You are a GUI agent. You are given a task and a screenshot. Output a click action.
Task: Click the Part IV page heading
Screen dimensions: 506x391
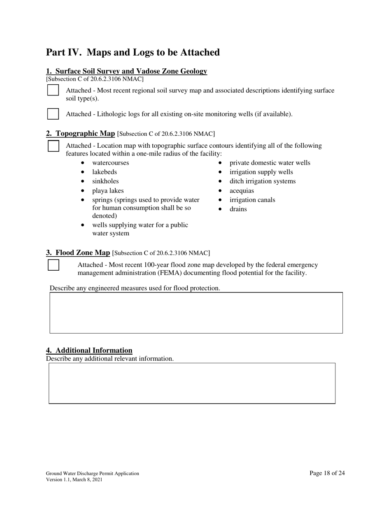point(133,53)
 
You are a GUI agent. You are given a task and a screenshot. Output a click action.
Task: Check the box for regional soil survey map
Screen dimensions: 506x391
point(53,90)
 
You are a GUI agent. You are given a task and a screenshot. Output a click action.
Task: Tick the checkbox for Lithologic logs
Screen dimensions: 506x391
point(53,114)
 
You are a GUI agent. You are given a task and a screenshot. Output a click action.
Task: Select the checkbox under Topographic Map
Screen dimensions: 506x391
point(54,146)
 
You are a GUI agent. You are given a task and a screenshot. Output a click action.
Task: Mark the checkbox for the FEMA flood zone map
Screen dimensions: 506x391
point(54,265)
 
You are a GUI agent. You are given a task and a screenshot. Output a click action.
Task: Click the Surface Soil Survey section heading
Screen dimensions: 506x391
point(126,71)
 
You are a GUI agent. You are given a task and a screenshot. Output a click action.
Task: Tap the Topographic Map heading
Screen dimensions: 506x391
point(80,133)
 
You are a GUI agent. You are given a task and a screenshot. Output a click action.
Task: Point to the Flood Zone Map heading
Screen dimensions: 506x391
point(78,253)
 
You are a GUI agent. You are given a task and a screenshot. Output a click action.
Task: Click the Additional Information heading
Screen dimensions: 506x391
point(89,350)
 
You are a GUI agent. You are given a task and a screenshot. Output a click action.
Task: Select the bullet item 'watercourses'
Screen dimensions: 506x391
point(110,163)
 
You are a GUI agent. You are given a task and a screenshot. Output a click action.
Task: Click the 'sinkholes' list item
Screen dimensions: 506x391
point(105,181)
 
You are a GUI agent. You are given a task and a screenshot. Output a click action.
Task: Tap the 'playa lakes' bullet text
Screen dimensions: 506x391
point(107,191)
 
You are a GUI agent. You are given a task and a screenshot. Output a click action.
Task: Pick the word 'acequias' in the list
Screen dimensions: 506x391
point(242,191)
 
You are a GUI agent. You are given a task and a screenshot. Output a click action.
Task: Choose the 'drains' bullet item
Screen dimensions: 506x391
point(238,209)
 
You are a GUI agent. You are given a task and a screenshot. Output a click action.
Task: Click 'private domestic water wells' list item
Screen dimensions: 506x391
point(270,163)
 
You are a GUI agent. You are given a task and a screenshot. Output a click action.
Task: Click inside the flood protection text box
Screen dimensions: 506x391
point(196,313)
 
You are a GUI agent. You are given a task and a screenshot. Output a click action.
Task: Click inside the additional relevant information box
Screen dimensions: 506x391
point(192,383)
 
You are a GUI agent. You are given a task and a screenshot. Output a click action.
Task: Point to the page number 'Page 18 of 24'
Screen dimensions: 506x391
point(327,473)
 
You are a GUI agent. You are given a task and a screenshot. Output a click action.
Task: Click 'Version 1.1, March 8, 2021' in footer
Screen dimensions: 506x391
point(74,480)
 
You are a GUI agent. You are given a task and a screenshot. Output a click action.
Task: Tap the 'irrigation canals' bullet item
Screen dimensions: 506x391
point(252,200)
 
